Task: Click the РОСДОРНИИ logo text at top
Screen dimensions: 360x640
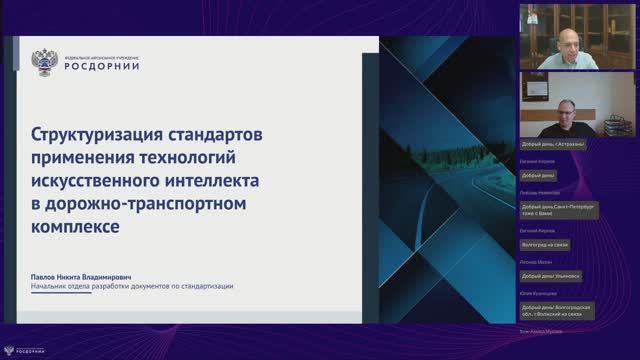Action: tap(102, 66)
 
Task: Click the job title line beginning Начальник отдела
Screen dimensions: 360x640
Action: tap(133, 287)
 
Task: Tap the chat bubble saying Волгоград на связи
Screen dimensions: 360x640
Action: tap(546, 243)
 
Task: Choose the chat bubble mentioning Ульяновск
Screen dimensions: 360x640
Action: tap(550, 275)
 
